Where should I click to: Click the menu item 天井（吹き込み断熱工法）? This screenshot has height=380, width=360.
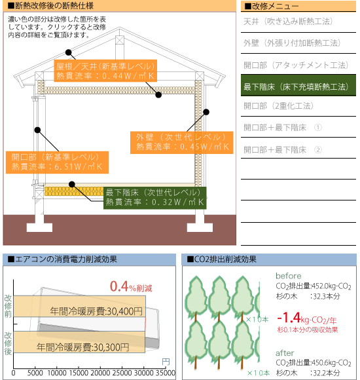288,22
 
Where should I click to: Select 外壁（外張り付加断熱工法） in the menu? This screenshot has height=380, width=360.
292,43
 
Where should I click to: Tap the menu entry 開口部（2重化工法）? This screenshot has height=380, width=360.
278,106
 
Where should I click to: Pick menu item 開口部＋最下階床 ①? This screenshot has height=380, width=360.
283,128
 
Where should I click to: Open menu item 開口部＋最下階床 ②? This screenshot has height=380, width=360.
283,150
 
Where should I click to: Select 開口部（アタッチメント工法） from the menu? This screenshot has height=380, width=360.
296,66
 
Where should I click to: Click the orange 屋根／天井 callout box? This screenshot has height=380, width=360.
105,71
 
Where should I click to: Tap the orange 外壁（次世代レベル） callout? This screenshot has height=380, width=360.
181,143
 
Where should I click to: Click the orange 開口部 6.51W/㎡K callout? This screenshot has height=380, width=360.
57,162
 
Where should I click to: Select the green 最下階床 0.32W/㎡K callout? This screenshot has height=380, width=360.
155,198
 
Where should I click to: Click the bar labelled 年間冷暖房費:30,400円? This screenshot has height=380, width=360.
79,306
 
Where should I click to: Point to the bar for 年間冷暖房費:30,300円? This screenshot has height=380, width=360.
79,342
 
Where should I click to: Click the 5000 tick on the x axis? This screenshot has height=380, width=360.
35,373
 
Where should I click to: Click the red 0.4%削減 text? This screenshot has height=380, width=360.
131,286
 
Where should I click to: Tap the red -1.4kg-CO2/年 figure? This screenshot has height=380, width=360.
307,318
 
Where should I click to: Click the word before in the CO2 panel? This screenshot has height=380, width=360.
289,276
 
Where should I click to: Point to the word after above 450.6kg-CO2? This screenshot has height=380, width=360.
285,353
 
